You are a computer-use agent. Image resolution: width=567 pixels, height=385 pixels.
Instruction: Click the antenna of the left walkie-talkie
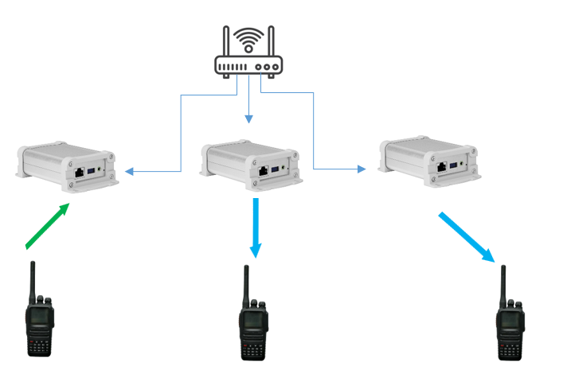tap(32, 278)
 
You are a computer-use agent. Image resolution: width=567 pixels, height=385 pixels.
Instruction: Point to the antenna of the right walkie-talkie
tap(503, 282)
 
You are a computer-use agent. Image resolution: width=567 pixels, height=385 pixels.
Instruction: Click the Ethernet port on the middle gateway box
tap(263, 170)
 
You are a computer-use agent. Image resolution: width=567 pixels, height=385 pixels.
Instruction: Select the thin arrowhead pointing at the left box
tap(130, 171)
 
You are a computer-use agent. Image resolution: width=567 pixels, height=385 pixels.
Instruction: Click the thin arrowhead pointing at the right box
tap(362, 169)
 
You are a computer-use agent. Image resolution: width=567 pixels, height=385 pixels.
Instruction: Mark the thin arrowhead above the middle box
tap(248, 119)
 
